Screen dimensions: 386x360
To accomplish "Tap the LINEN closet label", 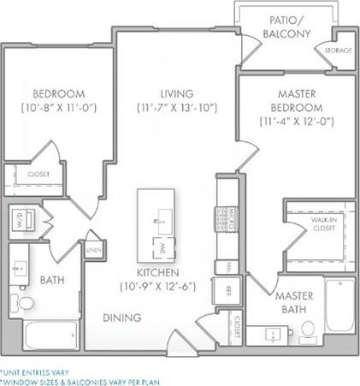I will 92,249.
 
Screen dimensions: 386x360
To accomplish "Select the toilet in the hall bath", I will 25,304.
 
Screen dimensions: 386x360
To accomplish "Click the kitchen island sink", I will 160,219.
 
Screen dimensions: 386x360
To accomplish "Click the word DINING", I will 122,318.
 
